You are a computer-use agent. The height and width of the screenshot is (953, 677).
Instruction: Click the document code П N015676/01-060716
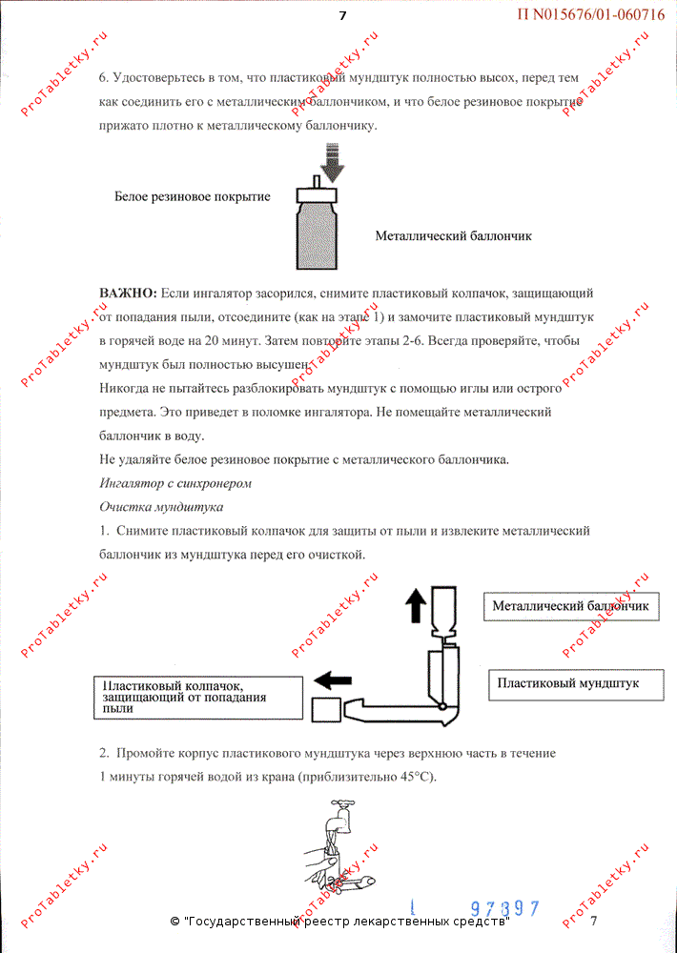(591, 14)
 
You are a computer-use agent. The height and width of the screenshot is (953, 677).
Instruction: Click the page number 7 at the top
(342, 14)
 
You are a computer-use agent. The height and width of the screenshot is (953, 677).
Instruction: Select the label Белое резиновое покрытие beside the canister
(192, 197)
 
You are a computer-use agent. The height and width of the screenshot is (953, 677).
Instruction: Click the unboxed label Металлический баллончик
(453, 235)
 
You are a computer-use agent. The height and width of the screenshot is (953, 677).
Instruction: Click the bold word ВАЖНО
(128, 292)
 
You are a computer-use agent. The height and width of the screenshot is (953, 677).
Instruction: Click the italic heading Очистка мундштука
(161, 506)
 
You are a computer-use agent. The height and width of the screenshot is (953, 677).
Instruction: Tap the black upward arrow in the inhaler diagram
(416, 606)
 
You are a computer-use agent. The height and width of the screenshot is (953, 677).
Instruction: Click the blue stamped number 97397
(505, 908)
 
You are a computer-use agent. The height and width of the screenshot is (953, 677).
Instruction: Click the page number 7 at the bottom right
(593, 921)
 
